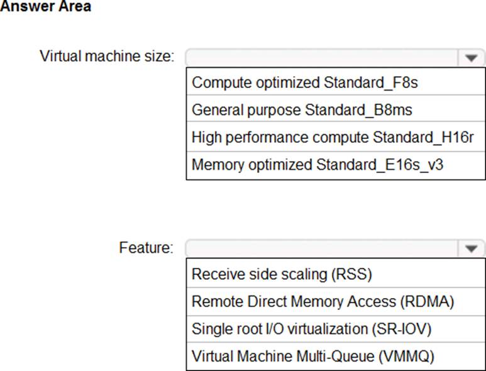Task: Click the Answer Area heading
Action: (x=45, y=6)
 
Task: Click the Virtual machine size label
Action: (x=108, y=57)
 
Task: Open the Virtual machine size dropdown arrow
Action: (x=471, y=58)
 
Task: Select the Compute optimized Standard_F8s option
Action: (x=305, y=83)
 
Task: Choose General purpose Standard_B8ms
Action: (x=302, y=110)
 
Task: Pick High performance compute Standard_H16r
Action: (x=333, y=137)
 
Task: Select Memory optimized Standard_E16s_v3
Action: (x=318, y=165)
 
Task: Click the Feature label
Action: (x=146, y=248)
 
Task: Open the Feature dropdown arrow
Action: (x=471, y=248)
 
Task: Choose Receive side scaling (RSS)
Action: (x=282, y=274)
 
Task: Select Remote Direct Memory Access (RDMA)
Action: (x=323, y=302)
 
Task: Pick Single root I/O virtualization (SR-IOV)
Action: (x=311, y=329)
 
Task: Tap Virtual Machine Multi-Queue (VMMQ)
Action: (x=312, y=356)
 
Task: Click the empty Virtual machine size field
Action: (x=322, y=58)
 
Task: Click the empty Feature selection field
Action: (x=322, y=248)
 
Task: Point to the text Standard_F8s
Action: (x=371, y=83)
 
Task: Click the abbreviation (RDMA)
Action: (x=427, y=302)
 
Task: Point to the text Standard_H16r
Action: (x=423, y=137)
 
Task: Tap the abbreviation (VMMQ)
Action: (x=406, y=356)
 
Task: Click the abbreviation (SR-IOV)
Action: (x=402, y=329)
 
